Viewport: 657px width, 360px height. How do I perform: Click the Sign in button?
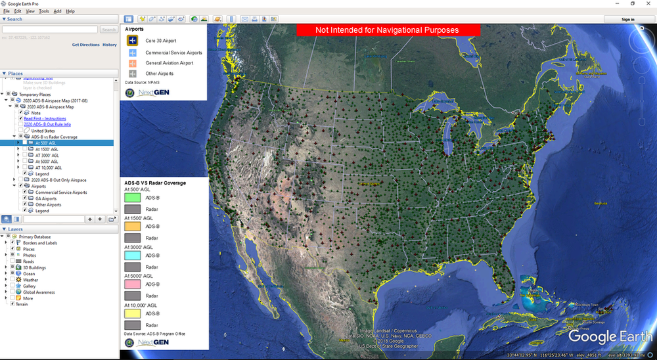tap(627, 19)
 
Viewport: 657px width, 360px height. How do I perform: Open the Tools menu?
tap(44, 11)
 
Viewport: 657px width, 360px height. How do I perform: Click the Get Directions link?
tap(85, 45)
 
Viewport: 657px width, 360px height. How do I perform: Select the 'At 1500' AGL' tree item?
tap(49, 149)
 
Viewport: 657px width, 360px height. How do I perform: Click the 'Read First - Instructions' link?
tap(45, 118)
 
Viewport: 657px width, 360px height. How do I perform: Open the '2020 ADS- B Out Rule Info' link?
tap(47, 124)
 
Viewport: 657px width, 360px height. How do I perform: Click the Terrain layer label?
tap(22, 304)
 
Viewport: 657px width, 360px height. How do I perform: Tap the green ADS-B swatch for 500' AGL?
tap(133, 198)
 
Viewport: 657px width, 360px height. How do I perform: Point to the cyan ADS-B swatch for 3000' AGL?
tap(133, 255)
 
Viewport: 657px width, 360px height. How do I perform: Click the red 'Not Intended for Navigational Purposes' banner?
tap(388, 30)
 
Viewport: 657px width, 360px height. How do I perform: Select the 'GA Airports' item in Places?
tap(45, 198)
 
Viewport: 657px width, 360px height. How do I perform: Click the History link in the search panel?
tap(109, 45)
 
